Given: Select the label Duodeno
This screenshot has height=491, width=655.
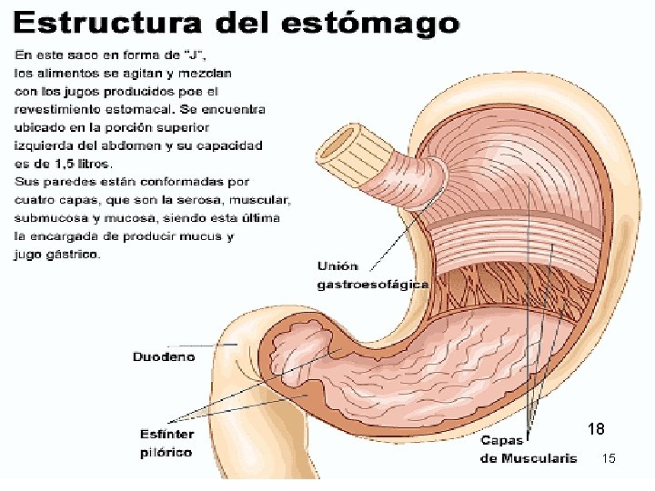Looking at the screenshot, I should [x=164, y=357].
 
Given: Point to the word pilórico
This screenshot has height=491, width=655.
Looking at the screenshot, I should [x=166, y=452].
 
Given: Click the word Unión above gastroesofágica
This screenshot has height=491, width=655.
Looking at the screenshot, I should [x=337, y=266].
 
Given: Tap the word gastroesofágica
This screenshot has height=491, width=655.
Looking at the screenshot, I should [x=372, y=285].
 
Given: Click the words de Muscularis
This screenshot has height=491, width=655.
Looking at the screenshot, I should [x=528, y=458].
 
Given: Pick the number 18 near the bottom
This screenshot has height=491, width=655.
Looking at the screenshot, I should [x=596, y=429].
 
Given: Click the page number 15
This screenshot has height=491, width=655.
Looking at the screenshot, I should [x=609, y=459].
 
